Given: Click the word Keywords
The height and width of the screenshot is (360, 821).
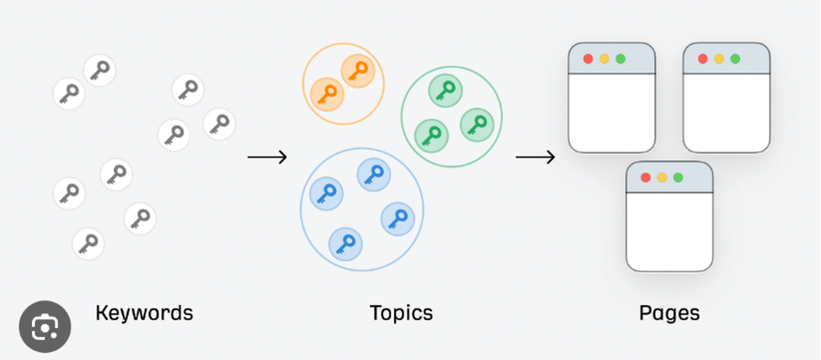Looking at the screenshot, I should pos(144,313).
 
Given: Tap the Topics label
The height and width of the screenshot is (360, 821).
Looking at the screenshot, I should pos(402,313).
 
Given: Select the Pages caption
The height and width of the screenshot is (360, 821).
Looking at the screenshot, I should pos(669,313).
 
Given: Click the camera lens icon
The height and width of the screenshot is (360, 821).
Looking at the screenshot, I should pos(45,327).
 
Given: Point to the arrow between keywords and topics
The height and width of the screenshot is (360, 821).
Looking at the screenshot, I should pos(267,157).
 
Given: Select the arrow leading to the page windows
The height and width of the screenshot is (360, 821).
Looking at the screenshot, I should pos(536,157).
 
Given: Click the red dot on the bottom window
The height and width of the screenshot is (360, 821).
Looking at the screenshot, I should pos(646,178).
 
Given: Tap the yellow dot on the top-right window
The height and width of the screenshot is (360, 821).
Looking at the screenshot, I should pos(719,59).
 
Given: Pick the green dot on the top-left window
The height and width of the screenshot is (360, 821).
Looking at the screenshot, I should pos(620,59).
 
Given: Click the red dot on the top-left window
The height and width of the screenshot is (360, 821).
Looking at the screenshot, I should pos(588,59).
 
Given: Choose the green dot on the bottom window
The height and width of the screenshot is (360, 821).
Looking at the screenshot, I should pos(678,178).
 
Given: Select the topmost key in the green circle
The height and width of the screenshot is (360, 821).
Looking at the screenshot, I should pos(445,90).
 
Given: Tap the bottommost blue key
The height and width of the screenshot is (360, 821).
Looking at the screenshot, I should pos(345,244).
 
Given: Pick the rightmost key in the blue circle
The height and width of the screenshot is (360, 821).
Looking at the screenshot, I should pos(398,218).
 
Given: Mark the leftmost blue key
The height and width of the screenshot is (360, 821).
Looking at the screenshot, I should pos(326,193).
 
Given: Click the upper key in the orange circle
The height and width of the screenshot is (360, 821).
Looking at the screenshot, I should pos(357,70).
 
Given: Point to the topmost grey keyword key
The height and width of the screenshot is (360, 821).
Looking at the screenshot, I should pos(99,70).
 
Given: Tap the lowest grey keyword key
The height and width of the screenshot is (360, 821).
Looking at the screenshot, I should pos(88,244).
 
